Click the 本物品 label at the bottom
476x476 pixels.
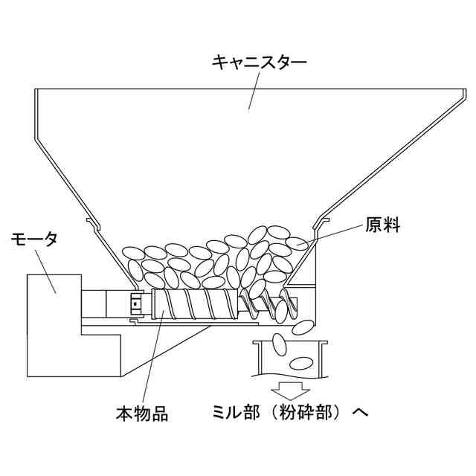point(141,414)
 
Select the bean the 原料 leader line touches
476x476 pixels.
point(298,242)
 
